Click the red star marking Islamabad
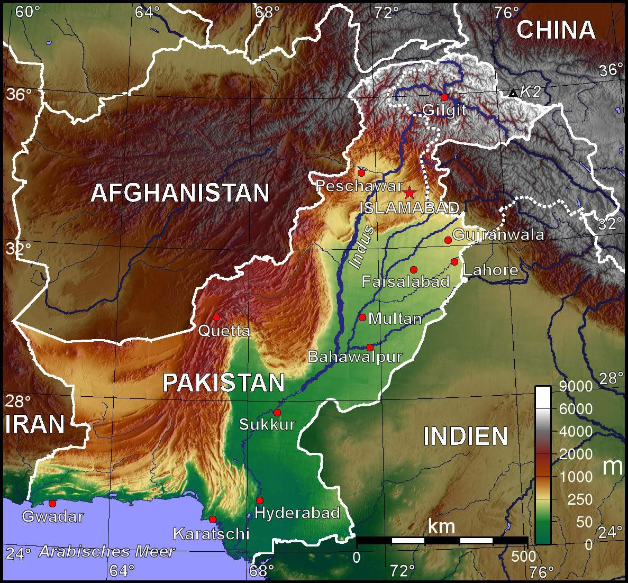[x=409, y=193]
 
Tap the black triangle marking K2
[x=513, y=93]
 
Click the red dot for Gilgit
[x=444, y=97]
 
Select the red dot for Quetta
[x=216, y=317]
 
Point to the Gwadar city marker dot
[x=52, y=504]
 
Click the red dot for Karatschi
[x=213, y=519]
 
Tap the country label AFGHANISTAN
[x=180, y=193]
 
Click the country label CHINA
[x=556, y=30]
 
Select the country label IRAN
[x=35, y=424]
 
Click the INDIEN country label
[x=466, y=436]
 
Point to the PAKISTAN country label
[x=224, y=382]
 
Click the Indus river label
[x=362, y=246]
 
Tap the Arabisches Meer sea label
[x=107, y=552]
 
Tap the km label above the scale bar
[x=441, y=526]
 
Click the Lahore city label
[x=490, y=270]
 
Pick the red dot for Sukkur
[x=277, y=413]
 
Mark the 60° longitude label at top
[x=28, y=12]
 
